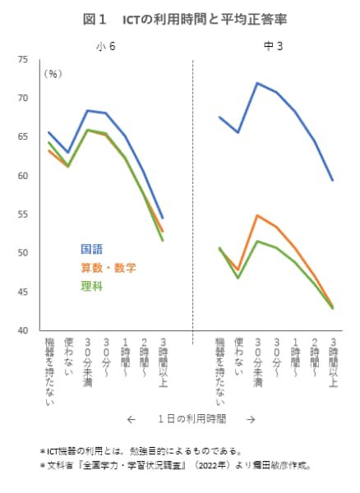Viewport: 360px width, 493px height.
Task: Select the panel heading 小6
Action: [x=105, y=46]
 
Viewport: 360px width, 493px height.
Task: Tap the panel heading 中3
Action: [x=273, y=46]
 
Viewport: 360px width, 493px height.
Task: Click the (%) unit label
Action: [x=53, y=74]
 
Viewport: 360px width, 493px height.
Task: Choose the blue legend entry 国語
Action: [x=91, y=249]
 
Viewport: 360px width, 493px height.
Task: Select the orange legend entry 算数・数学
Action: [x=108, y=268]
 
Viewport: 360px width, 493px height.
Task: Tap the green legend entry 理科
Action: [x=91, y=287]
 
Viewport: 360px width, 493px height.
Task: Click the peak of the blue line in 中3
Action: [x=257, y=83]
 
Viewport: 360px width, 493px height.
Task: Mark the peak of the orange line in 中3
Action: [x=257, y=215]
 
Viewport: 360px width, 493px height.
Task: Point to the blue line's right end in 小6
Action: [x=162, y=218]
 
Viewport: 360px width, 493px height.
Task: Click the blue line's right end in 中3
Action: [x=333, y=180]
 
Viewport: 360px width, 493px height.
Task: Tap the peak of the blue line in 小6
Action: [x=88, y=110]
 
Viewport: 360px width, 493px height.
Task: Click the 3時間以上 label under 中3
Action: [x=333, y=362]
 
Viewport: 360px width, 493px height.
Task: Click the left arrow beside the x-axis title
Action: [x=131, y=419]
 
